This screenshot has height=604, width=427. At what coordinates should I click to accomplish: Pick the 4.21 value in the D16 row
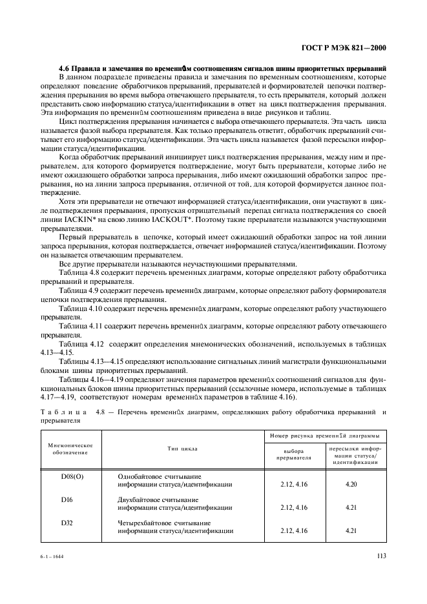(x=351, y=507)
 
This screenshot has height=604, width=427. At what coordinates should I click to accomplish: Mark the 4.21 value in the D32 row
(x=351, y=530)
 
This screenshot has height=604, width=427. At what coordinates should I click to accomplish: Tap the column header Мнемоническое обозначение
(x=70, y=448)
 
